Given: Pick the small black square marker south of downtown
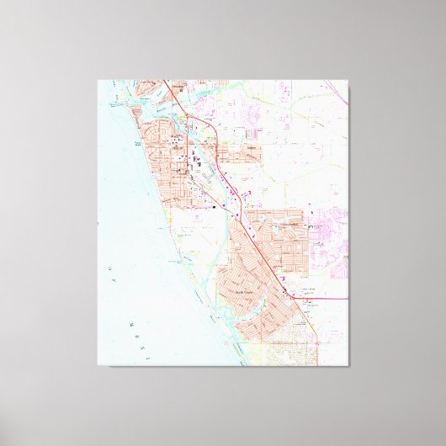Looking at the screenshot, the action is click(x=215, y=203).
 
